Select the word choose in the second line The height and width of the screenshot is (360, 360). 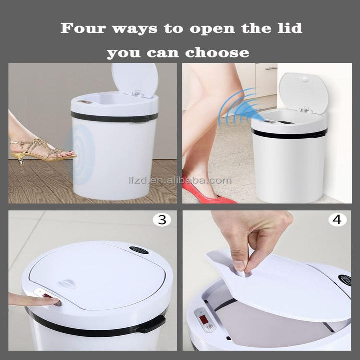[223, 52]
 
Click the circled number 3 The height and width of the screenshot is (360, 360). [162, 220]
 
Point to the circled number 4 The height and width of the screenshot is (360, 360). [338, 220]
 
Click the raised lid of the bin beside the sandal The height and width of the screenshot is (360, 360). [135, 80]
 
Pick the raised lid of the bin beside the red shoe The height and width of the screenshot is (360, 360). [303, 92]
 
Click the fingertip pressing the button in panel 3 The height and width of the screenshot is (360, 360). [55, 301]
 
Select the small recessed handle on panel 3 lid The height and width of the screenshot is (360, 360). [67, 284]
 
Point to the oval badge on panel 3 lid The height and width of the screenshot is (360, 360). [139, 250]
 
